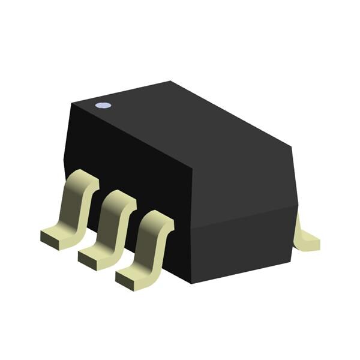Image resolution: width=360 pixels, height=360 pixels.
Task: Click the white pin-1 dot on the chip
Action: (x=103, y=106)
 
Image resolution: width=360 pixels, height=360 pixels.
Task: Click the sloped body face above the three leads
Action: (x=126, y=156)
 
